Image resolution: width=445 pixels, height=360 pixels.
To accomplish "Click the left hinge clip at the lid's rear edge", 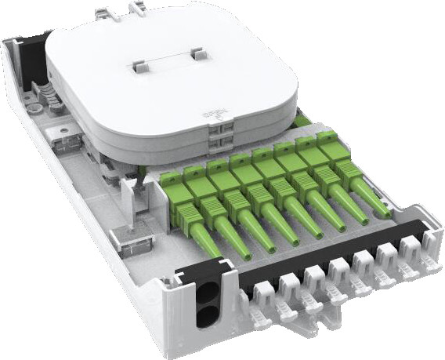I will [103, 12].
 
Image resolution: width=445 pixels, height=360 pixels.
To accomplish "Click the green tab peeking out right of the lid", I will [302, 120].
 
